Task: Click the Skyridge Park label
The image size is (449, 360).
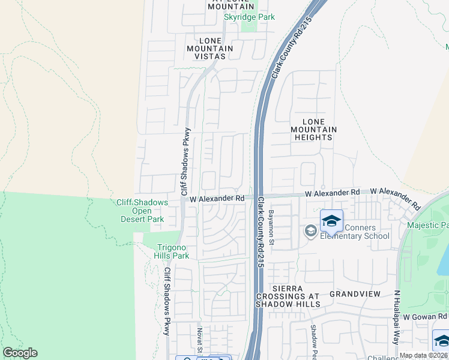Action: pos(249,17)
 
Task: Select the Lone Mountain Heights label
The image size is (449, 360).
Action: pos(313,129)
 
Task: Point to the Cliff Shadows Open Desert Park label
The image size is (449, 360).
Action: pos(142,211)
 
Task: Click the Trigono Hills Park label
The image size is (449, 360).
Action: pos(173,251)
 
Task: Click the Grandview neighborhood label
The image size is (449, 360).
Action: pos(355,294)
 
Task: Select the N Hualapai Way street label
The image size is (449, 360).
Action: pos(397,317)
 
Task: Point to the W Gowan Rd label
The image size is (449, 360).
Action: pos(425,316)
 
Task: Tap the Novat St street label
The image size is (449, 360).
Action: pos(199,340)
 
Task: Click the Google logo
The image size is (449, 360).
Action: pos(20,353)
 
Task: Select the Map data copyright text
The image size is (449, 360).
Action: pos(424,355)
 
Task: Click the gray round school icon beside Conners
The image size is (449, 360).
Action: pos(310,231)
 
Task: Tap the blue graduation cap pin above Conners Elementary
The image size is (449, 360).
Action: pos(331,221)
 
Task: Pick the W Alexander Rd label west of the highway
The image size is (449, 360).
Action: pos(217,198)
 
